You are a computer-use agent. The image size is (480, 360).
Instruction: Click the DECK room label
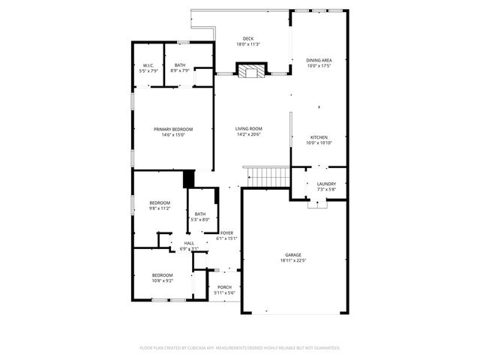(x=248, y=39)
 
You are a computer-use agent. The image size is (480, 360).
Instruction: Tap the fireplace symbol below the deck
(x=248, y=70)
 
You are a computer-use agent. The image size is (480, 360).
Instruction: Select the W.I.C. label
(x=148, y=65)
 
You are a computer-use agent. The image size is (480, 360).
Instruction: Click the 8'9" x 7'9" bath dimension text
(x=180, y=71)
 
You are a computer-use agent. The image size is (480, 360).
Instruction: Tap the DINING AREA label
(x=319, y=60)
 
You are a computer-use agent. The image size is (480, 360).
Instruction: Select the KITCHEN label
(x=319, y=137)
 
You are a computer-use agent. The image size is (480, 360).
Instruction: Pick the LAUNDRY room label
(x=326, y=183)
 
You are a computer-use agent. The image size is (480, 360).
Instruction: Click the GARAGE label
(x=292, y=255)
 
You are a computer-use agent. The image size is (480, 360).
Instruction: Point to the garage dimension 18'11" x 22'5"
(x=292, y=261)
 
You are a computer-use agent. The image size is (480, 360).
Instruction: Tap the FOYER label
(x=226, y=233)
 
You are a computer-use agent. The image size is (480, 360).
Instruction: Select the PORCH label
(x=224, y=287)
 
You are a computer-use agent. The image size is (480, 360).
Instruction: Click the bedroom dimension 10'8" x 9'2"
(x=163, y=281)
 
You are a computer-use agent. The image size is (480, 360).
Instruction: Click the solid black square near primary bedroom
(x=189, y=180)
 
